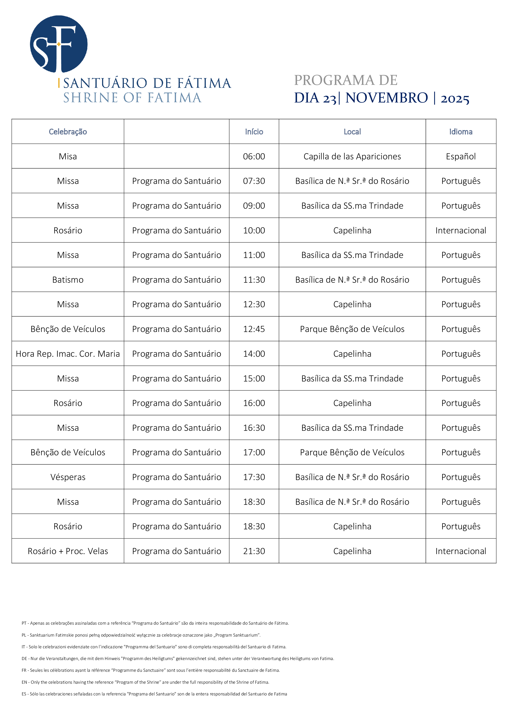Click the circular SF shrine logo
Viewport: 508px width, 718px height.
pyautogui.click(x=58, y=44)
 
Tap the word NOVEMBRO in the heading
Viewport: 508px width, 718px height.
pyautogui.click(x=387, y=98)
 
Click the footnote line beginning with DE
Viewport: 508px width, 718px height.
pyautogui.click(x=178, y=658)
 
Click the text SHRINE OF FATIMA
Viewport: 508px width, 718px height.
pyautogui.click(x=132, y=98)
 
